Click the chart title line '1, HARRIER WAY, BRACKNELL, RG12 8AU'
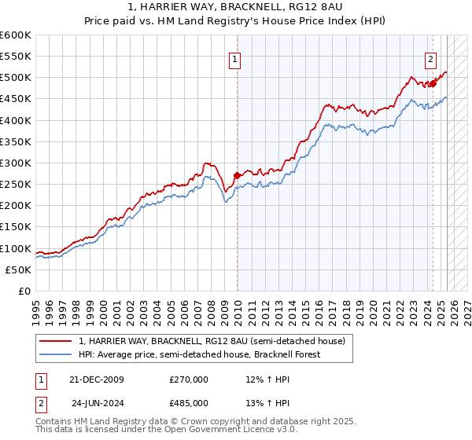tap(235, 7)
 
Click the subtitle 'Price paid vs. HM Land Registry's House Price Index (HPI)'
tap(235, 20)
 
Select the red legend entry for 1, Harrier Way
tap(212, 341)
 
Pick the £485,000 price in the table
tap(189, 401)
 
